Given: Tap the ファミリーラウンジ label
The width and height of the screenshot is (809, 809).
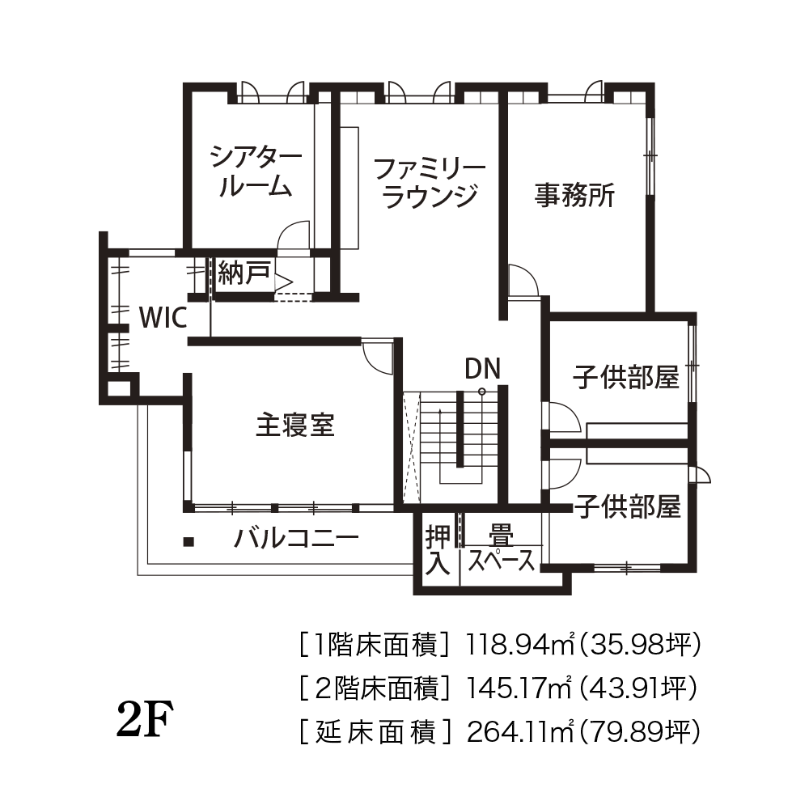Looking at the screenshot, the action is click(x=430, y=183).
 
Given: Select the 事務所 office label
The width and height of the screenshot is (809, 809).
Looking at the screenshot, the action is click(x=574, y=195).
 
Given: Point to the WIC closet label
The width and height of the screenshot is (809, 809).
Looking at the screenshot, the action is click(x=163, y=318).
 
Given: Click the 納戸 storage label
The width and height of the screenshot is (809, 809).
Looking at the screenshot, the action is click(x=244, y=273).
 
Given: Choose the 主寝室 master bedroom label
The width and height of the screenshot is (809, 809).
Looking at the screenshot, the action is click(x=295, y=426).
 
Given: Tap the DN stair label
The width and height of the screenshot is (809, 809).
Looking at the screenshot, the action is click(x=482, y=368).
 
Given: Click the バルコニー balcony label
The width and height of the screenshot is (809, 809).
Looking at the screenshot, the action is click(x=296, y=539).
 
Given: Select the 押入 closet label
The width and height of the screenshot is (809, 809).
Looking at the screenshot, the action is click(x=438, y=550).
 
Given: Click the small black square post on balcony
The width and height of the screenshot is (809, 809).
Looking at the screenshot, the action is click(x=189, y=542).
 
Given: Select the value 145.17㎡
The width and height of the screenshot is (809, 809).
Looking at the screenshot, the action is click(x=519, y=687).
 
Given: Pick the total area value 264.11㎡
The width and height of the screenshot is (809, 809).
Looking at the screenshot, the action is click(x=520, y=731).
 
